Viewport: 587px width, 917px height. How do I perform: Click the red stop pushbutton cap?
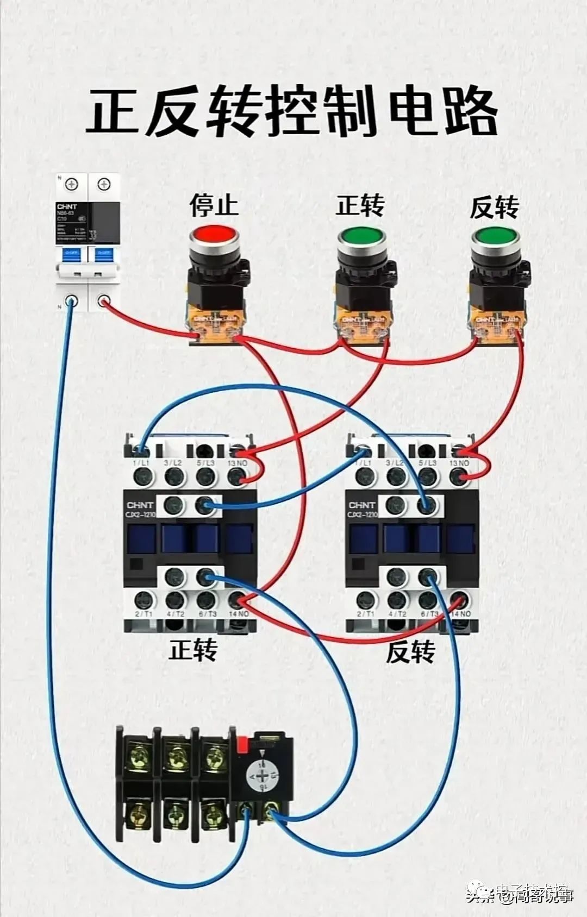214,235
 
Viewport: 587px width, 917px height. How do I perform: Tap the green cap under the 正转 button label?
361,237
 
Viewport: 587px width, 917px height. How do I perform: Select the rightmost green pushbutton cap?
495,237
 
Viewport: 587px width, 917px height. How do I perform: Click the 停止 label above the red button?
214,205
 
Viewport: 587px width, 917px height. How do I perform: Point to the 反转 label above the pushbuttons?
494,207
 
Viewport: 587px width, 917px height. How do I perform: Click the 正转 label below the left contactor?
193,650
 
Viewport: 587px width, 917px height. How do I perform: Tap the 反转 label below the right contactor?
410,651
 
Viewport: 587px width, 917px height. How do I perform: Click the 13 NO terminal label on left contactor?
238,463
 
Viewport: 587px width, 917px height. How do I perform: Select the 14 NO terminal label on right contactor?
460,614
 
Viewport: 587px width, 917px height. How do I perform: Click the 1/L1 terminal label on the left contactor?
141,463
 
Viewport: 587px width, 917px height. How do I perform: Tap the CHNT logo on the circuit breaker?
67,206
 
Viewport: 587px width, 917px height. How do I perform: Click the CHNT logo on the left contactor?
140,505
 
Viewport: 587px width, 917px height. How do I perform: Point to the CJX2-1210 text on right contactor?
362,514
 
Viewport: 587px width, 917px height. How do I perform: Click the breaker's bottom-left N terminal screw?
71,301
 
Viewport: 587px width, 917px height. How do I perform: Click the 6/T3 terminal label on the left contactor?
207,614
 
